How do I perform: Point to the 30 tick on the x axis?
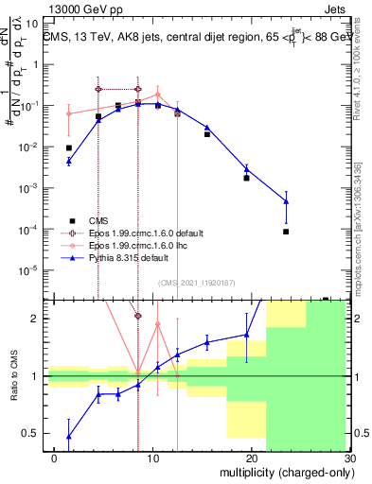349,458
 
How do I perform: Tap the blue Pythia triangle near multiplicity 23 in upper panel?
286,201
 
